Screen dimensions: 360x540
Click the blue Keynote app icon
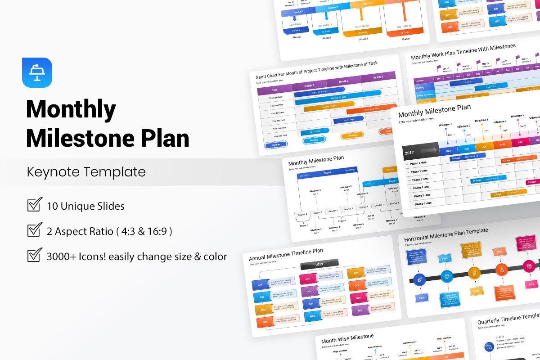(x=37, y=72)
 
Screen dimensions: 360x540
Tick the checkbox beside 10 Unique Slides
(x=35, y=205)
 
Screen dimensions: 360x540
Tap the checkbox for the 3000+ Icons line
(x=35, y=255)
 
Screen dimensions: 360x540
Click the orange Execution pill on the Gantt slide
(x=352, y=136)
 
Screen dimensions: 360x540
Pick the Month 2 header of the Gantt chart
(x=343, y=81)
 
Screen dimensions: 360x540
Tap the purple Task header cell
(x=274, y=90)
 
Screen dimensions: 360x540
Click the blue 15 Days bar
(x=455, y=158)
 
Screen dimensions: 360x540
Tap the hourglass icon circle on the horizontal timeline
(x=474, y=273)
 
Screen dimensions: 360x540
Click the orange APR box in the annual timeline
(x=265, y=322)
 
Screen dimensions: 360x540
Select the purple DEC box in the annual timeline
(x=360, y=310)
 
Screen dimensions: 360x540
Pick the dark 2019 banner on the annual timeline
(x=319, y=264)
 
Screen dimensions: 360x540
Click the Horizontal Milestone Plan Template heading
(x=445, y=234)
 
